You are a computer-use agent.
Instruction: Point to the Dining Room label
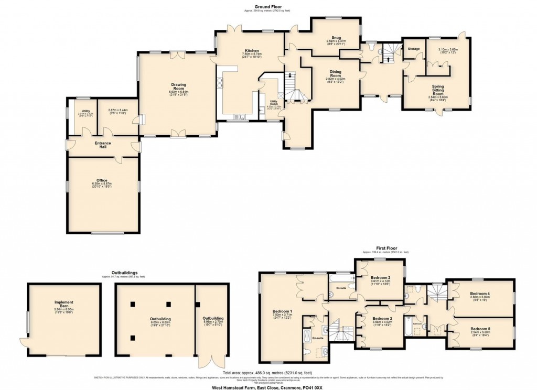[x=336, y=73]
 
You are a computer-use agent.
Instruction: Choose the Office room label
[x=102, y=181]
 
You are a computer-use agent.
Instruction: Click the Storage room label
[x=414, y=48]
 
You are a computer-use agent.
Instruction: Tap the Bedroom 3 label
[x=382, y=319]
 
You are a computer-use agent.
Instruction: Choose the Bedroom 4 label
[x=479, y=294]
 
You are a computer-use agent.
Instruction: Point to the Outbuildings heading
[x=124, y=273]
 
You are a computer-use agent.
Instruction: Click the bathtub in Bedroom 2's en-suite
[x=340, y=276]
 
